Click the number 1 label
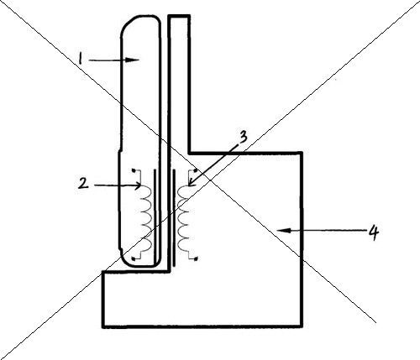(81, 60)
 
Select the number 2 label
(83, 184)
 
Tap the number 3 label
(243, 138)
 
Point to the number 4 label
(374, 232)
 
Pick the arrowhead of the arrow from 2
(138, 185)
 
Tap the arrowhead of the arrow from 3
(191, 183)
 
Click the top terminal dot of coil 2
(134, 170)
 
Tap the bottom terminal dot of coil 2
(134, 259)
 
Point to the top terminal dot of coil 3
(196, 170)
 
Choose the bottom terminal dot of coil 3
(196, 258)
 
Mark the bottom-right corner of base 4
(302, 326)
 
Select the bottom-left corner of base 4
(103, 326)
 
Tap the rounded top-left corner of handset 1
(126, 23)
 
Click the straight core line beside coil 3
(174, 217)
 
